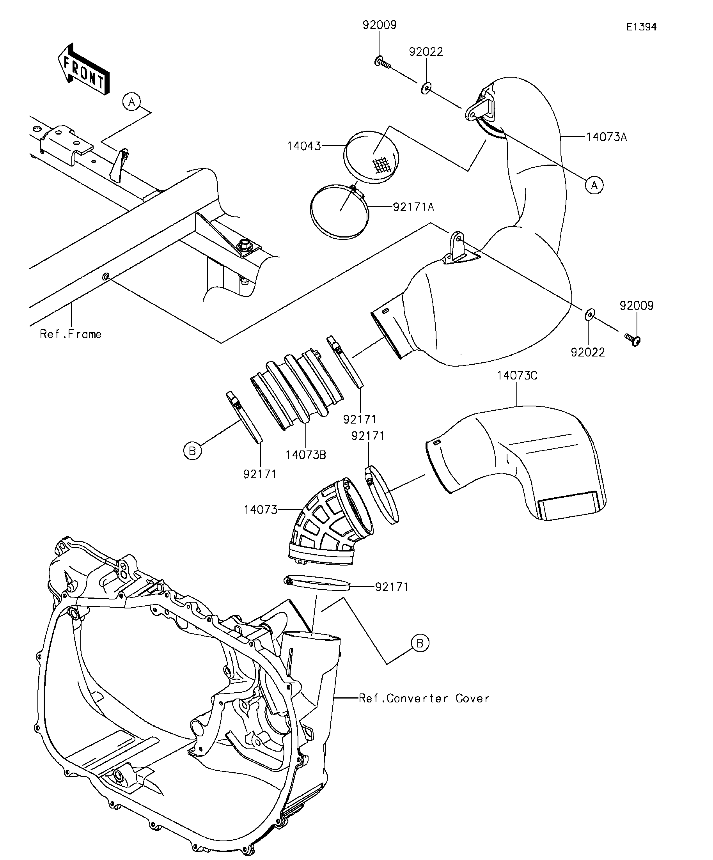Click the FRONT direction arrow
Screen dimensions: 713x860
click(x=83, y=69)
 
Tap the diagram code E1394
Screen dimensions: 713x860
click(x=641, y=27)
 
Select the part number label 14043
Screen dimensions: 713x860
click(x=304, y=146)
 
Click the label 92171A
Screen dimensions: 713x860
click(x=413, y=207)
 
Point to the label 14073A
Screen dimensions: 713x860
click(x=607, y=137)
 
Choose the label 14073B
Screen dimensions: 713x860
click(x=306, y=455)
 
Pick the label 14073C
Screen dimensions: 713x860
click(x=517, y=376)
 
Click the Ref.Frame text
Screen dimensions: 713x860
click(x=71, y=334)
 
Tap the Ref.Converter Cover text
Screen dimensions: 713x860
click(x=424, y=698)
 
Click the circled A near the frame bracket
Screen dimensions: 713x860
click(x=131, y=101)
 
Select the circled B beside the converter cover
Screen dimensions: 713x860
click(x=420, y=644)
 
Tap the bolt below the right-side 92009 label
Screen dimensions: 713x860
click(x=633, y=339)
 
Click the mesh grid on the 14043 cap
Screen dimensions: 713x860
click(x=382, y=165)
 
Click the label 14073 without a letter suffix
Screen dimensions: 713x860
click(x=261, y=510)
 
